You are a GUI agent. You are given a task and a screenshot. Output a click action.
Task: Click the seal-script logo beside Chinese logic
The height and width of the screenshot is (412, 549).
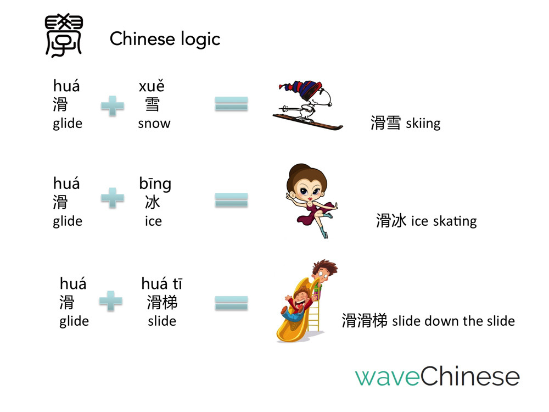(x=64, y=35)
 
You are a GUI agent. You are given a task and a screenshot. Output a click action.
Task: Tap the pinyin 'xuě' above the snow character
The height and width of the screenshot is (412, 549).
(x=152, y=86)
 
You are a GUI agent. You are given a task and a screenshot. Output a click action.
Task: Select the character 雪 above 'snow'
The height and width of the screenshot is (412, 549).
(x=152, y=104)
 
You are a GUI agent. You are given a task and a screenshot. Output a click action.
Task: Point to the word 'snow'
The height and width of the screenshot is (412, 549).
(x=154, y=123)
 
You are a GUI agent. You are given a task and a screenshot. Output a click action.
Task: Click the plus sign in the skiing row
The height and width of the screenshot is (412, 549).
(x=113, y=105)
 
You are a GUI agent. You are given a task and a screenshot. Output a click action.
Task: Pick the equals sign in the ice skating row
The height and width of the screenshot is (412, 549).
(x=232, y=200)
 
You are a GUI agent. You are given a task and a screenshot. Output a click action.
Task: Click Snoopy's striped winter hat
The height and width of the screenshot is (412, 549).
(x=303, y=90)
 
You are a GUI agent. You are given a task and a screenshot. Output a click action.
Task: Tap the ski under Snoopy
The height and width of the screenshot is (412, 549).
(x=308, y=121)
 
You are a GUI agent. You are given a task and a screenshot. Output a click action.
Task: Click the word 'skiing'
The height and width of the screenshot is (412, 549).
(x=423, y=123)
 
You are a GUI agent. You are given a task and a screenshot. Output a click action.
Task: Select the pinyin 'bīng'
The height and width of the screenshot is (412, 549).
(x=155, y=184)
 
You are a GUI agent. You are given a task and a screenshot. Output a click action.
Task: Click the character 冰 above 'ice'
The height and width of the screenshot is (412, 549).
(x=153, y=202)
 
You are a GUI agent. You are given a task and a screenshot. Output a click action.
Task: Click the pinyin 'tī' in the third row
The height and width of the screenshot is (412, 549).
(x=177, y=284)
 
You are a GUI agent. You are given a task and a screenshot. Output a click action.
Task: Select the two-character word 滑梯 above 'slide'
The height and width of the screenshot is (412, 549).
(x=162, y=302)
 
